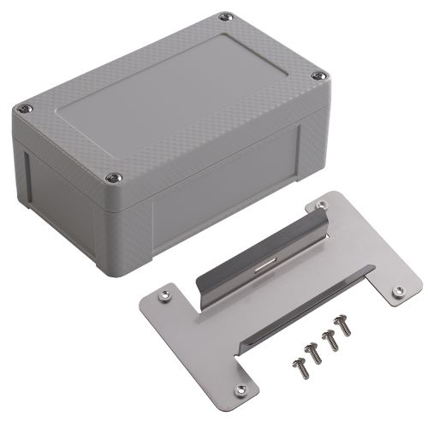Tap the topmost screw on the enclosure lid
(x=225, y=15)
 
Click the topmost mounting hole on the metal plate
(x=323, y=206)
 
